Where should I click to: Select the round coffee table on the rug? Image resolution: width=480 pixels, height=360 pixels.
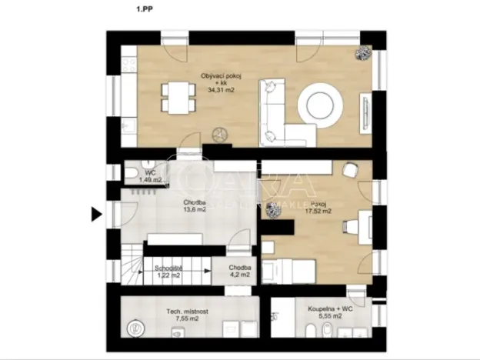(x=317, y=103)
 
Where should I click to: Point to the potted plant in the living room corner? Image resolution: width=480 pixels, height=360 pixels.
(x=362, y=52)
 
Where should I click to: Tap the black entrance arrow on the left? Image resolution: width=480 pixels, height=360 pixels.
(x=96, y=215)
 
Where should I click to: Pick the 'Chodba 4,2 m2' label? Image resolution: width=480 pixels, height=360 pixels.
(x=239, y=271)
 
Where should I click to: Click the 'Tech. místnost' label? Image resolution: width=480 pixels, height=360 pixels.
(x=187, y=312)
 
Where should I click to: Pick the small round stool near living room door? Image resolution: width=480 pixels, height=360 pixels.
(x=219, y=134)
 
